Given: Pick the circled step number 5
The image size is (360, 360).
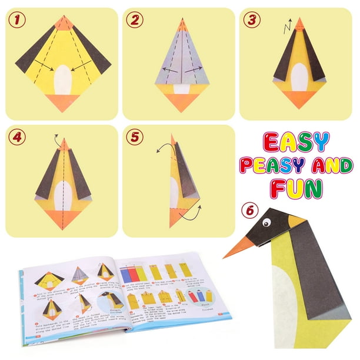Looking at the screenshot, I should (136, 138).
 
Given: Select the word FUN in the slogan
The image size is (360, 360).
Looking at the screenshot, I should (295, 188).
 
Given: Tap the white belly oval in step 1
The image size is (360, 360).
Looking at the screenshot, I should (62, 80).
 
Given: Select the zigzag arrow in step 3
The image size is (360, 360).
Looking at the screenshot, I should (287, 26).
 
